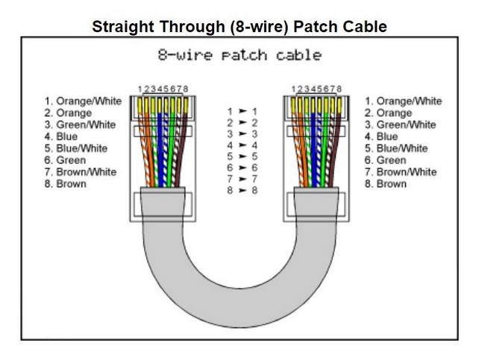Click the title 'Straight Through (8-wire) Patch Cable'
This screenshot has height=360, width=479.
click(x=239, y=28)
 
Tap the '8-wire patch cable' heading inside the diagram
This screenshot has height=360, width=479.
click(x=239, y=56)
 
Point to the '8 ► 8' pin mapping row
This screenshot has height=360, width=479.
click(x=242, y=192)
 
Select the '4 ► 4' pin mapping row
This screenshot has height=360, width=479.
click(x=242, y=145)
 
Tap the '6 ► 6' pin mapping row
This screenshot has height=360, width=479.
click(x=242, y=168)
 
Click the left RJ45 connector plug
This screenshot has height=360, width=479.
click(x=163, y=149)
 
